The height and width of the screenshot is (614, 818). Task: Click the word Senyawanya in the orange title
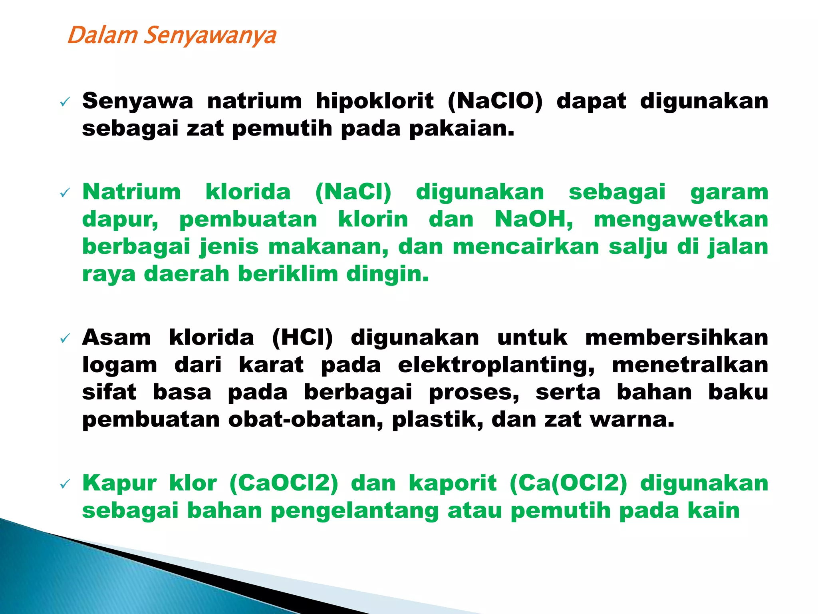tap(210, 36)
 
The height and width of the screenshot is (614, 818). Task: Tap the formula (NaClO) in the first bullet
tap(495, 101)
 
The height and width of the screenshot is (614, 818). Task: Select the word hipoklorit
tap(375, 101)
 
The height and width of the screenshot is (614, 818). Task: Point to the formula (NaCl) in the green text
tap(353, 192)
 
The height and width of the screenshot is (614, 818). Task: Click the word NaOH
tap(534, 219)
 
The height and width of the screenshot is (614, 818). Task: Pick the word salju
tap(638, 247)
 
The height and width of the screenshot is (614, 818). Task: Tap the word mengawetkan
tap(681, 220)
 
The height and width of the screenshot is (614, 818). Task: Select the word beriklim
tap(288, 274)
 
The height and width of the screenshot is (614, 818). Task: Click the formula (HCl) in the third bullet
tap(302, 338)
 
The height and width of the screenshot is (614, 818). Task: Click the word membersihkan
tap(677, 338)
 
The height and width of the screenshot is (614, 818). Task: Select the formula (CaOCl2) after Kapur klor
tap(284, 483)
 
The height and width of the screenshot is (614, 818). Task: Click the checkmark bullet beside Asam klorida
tap(65, 339)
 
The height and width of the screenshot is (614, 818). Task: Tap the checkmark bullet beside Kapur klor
tap(65, 484)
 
